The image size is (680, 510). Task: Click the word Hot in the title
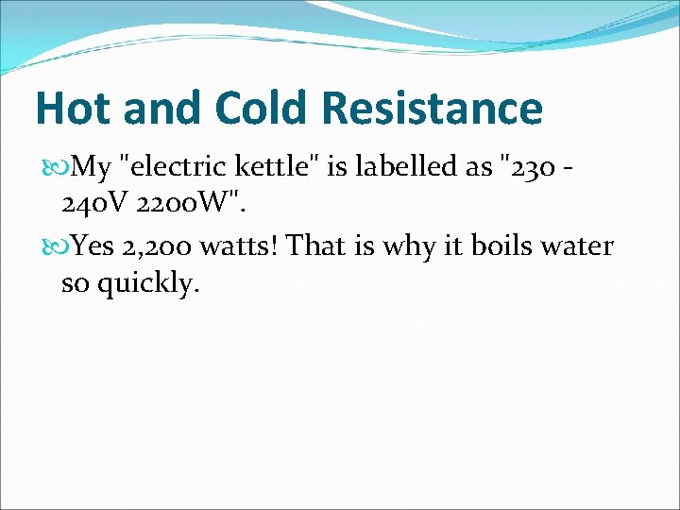[x=73, y=108]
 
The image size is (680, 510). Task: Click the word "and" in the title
[x=157, y=108]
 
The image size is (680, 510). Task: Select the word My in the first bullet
[x=92, y=168]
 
